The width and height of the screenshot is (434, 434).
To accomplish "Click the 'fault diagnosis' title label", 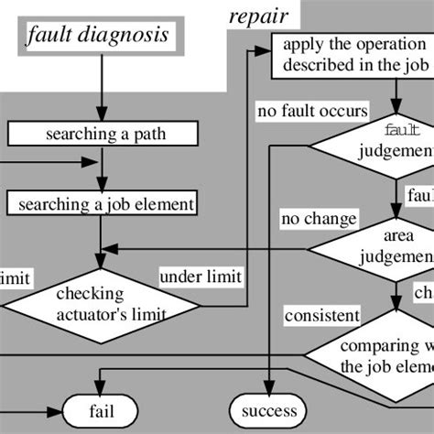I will [97, 37].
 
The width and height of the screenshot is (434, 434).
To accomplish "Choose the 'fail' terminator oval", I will [101, 411].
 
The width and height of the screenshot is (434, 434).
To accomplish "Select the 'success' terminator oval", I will [269, 411].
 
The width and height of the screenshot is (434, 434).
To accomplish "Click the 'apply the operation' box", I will [353, 55].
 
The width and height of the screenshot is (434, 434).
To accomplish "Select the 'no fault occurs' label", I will [312, 112].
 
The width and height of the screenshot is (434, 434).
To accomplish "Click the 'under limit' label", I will [201, 277].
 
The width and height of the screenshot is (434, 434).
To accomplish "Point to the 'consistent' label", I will [321, 316].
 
